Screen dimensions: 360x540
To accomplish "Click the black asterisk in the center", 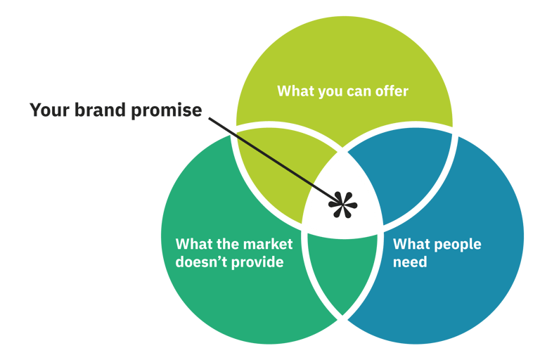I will tap(342, 205).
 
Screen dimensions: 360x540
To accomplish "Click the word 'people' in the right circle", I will tap(456, 245).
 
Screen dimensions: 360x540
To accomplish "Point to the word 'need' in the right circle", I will tap(410, 263).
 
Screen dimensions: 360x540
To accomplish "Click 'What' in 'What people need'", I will tap(409, 244).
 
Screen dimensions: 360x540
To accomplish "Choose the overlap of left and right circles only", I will tap(343, 274).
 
